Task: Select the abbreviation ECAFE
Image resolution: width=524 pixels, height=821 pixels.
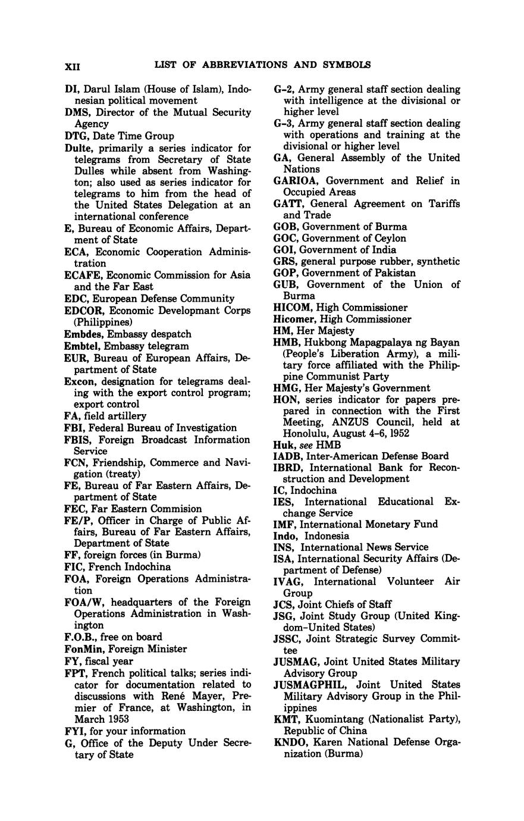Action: coord(82,275)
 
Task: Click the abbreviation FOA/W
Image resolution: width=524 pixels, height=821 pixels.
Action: coord(83,602)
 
